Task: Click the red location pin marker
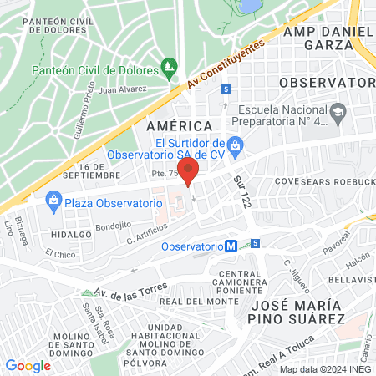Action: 189,171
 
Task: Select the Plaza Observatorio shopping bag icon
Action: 53,201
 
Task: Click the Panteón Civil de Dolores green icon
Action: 170,65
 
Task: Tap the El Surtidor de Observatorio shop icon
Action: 236,144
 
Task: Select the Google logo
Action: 28,365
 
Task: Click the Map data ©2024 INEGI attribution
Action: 325,369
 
